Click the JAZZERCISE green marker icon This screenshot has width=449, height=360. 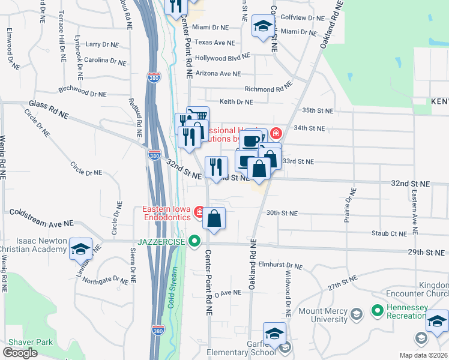194,242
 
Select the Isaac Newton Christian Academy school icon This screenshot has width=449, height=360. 79,249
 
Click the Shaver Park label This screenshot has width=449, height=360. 27,342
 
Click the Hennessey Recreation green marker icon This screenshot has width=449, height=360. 378,311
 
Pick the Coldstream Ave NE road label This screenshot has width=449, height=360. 41,217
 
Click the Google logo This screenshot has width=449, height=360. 20,352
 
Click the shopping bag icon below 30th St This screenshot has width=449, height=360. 214,219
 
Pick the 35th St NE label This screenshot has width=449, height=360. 317,110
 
